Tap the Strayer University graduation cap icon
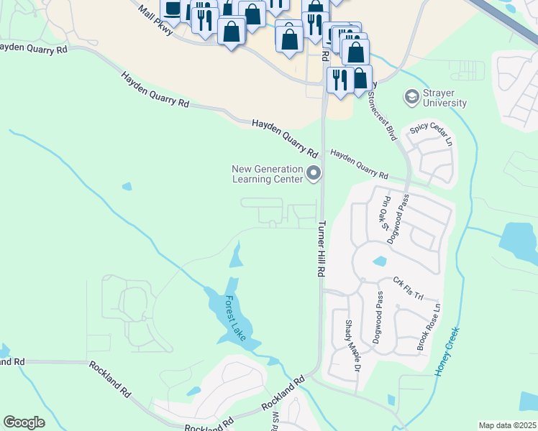[x=412, y=96]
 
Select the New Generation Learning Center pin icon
[x=314, y=173]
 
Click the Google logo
[x=24, y=422]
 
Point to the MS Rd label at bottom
[x=275, y=422]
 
